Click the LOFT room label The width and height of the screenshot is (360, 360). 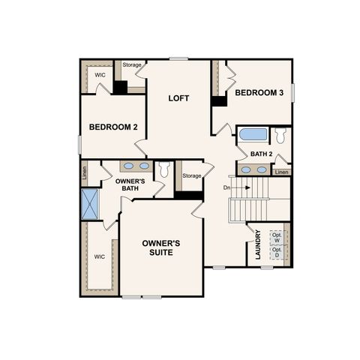[178, 98]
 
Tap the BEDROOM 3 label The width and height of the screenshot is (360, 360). [260, 93]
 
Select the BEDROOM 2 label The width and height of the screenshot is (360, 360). [112, 127]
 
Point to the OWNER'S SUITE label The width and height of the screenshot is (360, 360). [161, 247]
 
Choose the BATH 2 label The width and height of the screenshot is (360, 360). [261, 154]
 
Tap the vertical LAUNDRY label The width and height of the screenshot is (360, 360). [257, 244]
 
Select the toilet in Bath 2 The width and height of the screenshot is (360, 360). [280, 136]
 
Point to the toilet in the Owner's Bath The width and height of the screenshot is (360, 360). [164, 169]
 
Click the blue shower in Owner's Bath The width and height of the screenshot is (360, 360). [91, 202]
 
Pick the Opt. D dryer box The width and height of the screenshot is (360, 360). [276, 253]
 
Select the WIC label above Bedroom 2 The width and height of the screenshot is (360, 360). [100, 75]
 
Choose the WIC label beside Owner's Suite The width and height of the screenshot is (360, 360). [99, 256]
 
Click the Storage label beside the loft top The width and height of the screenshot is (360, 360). [132, 64]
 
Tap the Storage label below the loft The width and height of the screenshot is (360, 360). [192, 175]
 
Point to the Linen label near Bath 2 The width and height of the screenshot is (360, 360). [281, 172]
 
